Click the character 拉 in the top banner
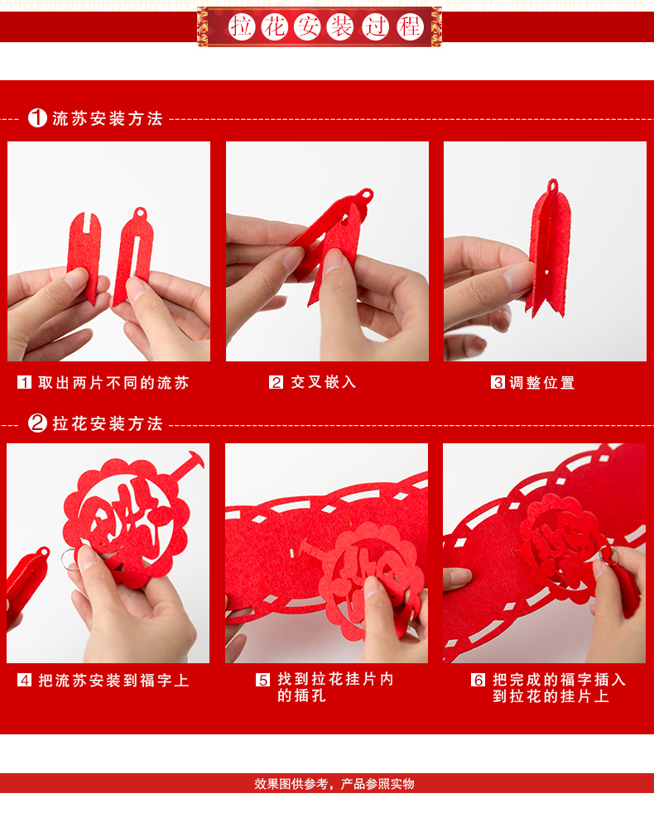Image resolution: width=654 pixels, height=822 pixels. (x=242, y=26)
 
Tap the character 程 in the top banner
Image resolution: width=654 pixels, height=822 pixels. (x=410, y=26)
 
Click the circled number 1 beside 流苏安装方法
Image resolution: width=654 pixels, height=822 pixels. (x=37, y=118)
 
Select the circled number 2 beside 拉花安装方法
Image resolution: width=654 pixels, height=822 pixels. (x=37, y=423)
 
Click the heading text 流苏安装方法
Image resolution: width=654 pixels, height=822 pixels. (x=108, y=118)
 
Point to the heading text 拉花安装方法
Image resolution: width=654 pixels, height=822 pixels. (x=108, y=423)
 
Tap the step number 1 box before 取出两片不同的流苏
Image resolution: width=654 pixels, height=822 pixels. (x=24, y=382)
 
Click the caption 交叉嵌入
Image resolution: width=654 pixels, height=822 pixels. (x=324, y=382)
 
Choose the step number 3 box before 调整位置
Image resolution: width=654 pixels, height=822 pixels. (x=498, y=382)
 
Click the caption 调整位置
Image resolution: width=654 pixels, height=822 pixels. (x=542, y=383)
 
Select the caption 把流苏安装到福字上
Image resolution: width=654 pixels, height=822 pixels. (x=113, y=681)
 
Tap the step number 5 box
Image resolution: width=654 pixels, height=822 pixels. (x=262, y=680)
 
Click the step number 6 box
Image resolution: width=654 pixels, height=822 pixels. (x=478, y=680)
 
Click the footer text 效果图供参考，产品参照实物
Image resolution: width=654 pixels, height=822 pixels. (x=334, y=784)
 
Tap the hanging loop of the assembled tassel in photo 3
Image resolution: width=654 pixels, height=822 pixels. (x=553, y=185)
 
